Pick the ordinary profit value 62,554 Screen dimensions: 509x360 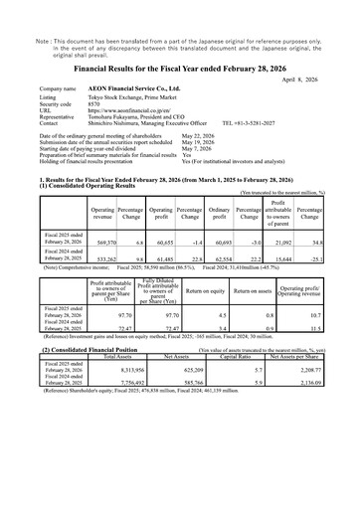tap(220, 259)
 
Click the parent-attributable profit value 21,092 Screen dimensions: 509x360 tap(279, 242)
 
